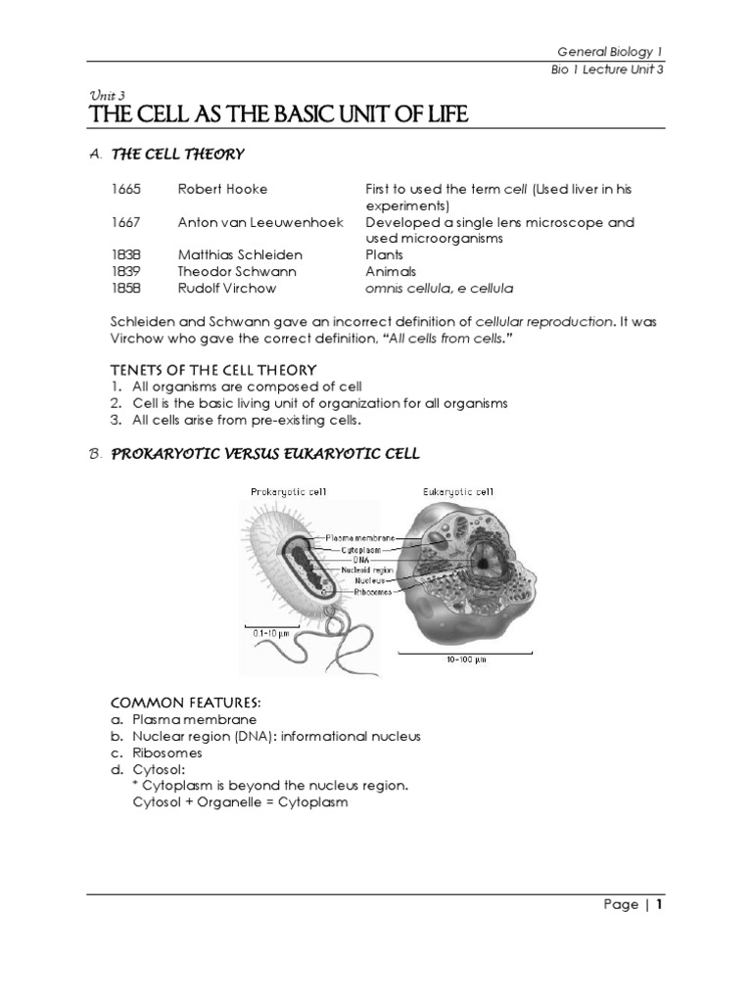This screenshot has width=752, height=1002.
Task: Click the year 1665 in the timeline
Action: (x=126, y=189)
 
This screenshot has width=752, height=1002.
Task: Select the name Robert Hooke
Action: (x=222, y=189)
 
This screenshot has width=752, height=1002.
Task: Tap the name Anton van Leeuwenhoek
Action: (x=260, y=222)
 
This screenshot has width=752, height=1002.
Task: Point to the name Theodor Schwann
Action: (x=236, y=272)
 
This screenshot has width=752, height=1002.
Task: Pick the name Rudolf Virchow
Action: (x=227, y=289)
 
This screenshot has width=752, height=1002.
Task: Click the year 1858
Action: (x=126, y=289)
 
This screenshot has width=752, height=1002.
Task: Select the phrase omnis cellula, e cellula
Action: (x=439, y=289)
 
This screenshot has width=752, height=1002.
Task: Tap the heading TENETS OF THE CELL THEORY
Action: (x=212, y=369)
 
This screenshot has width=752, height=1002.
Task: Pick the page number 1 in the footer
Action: (x=660, y=904)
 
